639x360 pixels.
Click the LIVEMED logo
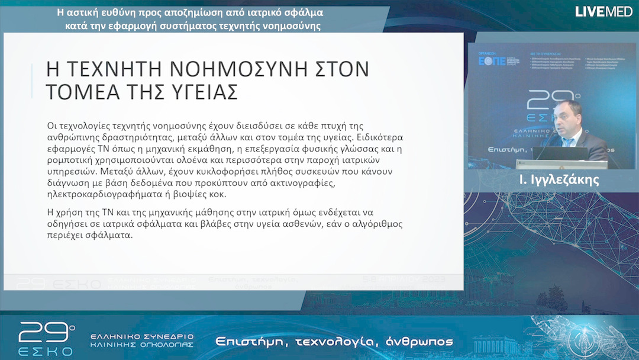[x=603, y=11]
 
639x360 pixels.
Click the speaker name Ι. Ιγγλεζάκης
[x=559, y=180]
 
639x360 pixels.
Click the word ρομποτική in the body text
[x=72, y=160]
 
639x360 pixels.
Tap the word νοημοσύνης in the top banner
[x=292, y=26]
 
